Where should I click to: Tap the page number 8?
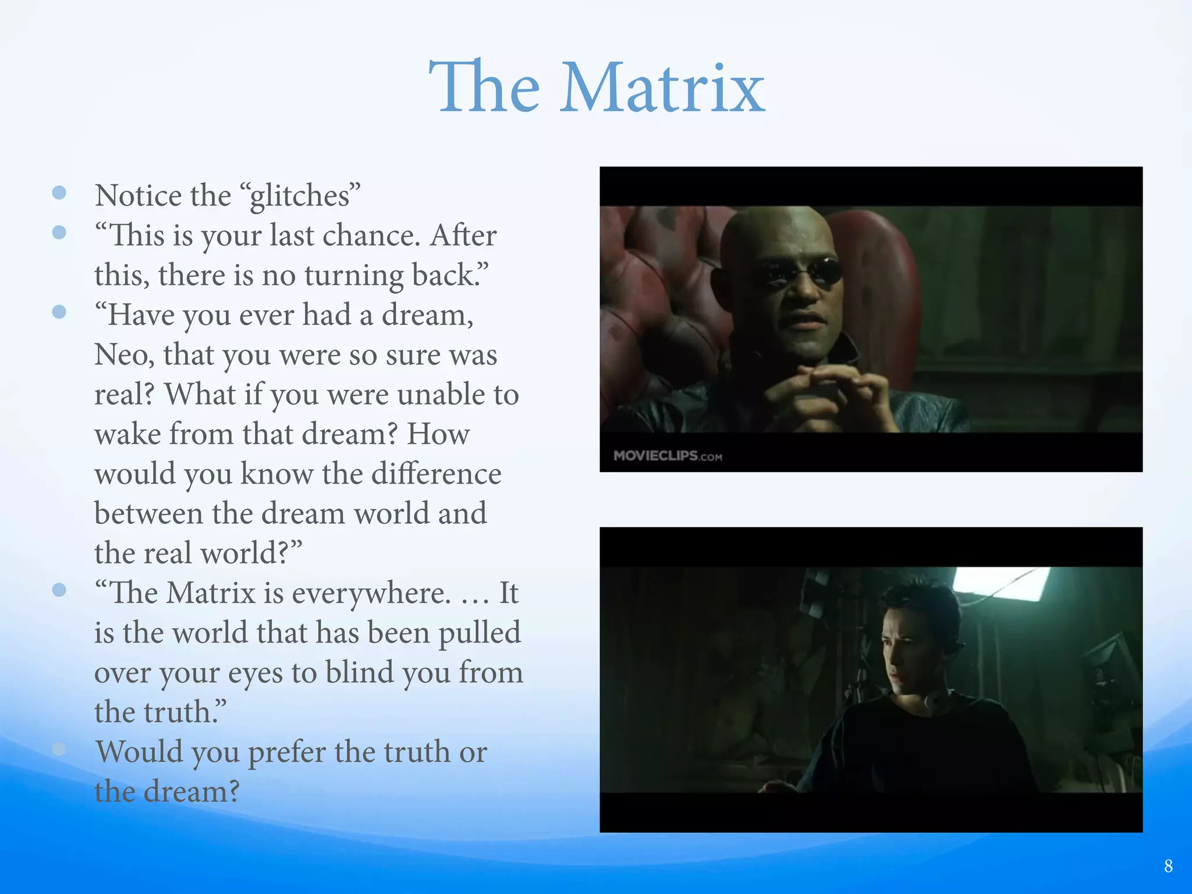tap(1168, 866)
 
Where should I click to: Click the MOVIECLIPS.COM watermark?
tap(668, 456)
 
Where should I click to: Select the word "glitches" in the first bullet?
tap(300, 196)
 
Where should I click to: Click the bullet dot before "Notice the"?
tap(59, 193)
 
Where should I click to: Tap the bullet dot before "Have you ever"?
tap(59, 312)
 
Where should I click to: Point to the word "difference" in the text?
tap(436, 474)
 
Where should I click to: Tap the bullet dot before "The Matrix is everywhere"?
tap(59, 590)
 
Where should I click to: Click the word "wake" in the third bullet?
tap(127, 434)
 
